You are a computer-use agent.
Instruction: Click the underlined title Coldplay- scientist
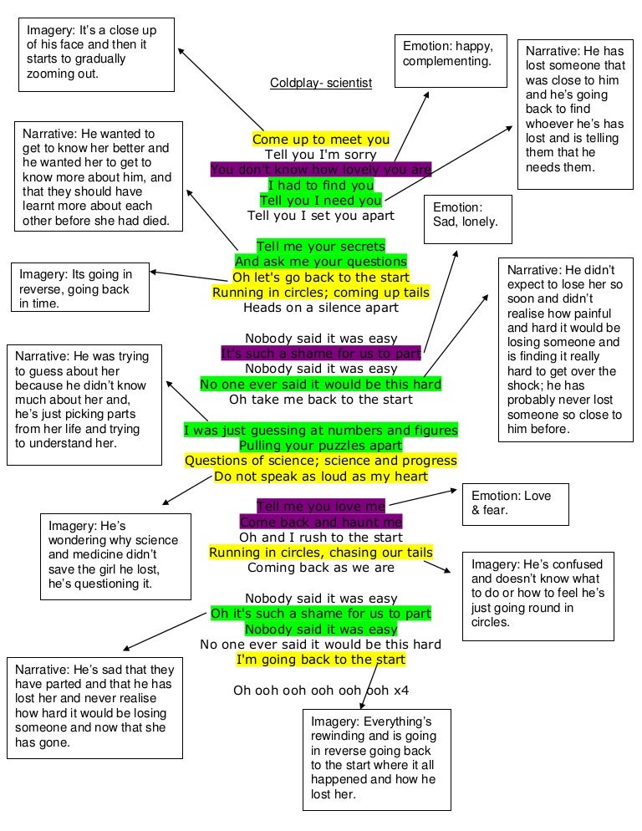(321, 83)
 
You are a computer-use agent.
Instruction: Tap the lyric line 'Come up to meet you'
(321, 140)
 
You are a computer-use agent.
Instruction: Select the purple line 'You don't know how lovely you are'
(321, 170)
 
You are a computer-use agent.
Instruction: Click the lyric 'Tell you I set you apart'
(321, 215)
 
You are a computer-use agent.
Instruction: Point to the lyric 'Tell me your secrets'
(321, 246)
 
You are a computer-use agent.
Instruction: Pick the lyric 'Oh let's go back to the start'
(321, 277)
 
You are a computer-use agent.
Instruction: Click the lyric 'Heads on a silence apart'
(321, 307)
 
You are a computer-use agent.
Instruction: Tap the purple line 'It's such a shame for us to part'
(321, 353)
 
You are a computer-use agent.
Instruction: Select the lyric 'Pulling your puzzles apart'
(321, 445)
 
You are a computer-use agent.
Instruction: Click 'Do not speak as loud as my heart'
(321, 476)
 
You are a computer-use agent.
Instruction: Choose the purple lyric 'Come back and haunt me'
(321, 522)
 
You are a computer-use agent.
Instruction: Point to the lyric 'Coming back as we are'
(321, 568)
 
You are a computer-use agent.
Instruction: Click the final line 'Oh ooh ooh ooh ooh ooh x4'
(321, 691)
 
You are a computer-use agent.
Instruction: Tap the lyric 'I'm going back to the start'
(321, 660)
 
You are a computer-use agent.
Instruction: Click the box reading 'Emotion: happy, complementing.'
(451, 61)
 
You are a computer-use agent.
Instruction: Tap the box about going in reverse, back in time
(81, 288)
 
